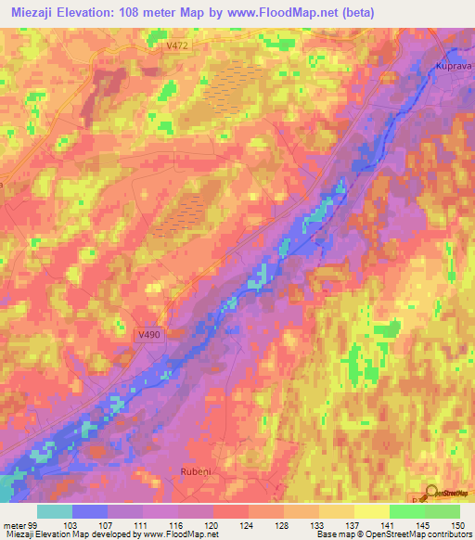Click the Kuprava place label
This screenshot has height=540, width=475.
[454, 66]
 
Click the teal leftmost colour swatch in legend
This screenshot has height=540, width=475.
[55, 511]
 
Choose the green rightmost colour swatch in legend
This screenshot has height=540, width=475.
[443, 511]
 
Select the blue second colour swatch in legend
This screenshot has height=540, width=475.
[90, 511]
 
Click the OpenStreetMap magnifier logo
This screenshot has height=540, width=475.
[432, 495]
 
